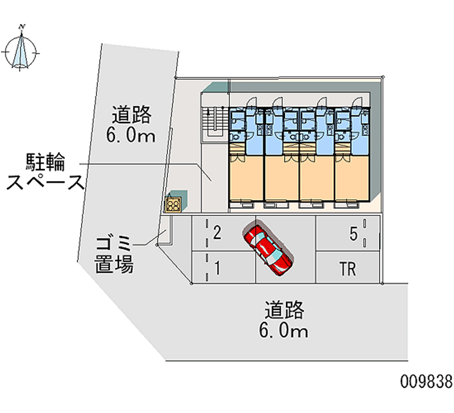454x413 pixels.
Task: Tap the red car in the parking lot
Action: click(x=268, y=248)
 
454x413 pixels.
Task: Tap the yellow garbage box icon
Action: click(x=173, y=203)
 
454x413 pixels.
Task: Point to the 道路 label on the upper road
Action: click(x=131, y=115)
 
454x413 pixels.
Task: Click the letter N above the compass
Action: click(x=22, y=26)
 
